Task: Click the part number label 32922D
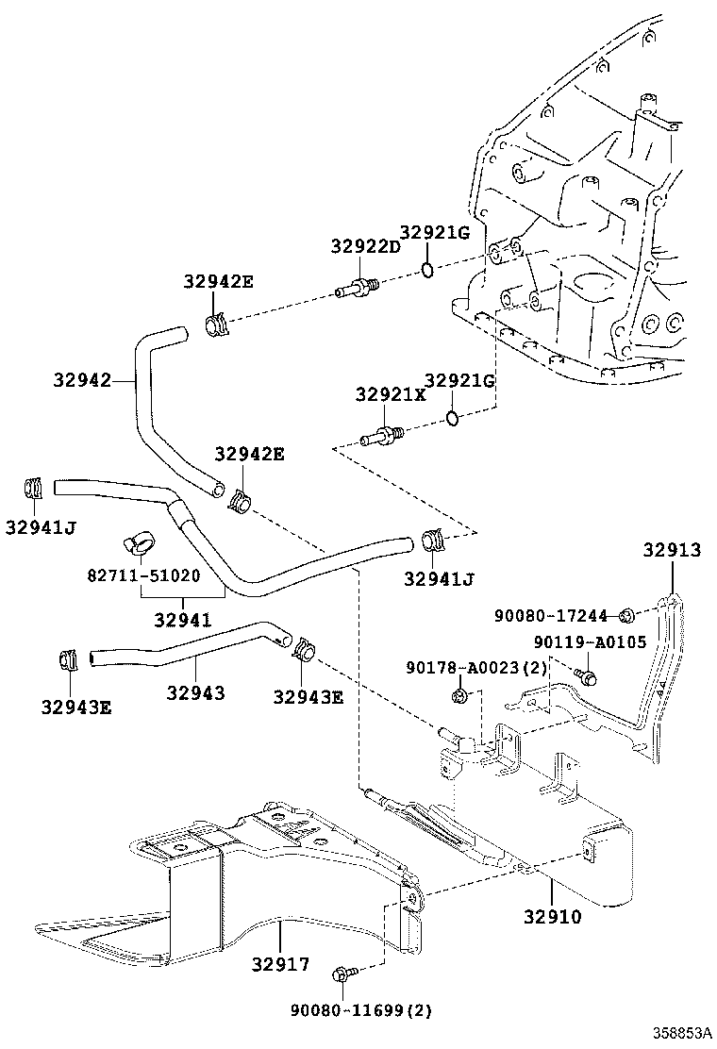(x=365, y=246)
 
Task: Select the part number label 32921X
(x=390, y=395)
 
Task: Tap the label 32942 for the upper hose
(x=82, y=380)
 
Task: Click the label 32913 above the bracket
(x=672, y=550)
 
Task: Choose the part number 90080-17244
(x=551, y=616)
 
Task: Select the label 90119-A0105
(x=589, y=642)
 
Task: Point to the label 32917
(x=280, y=964)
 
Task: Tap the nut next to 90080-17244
(x=625, y=617)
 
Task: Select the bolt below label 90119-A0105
(x=587, y=675)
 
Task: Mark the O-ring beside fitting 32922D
(x=427, y=270)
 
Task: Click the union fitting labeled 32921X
(x=383, y=437)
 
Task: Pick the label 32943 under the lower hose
(x=195, y=692)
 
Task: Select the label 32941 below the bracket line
(x=182, y=621)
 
